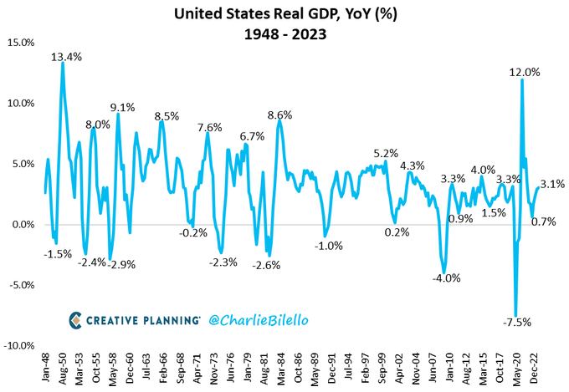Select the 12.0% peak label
pyautogui.click(x=525, y=73)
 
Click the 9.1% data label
pyautogui.click(x=123, y=107)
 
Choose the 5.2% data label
pyautogui.click(x=386, y=153)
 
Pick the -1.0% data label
pyautogui.click(x=329, y=246)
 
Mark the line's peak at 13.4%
pyautogui.click(x=63, y=64)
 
